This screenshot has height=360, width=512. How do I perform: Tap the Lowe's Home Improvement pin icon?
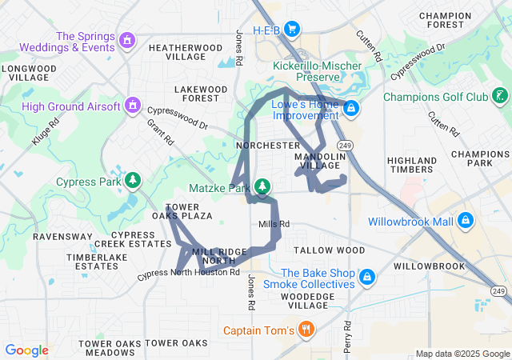tap(351, 108)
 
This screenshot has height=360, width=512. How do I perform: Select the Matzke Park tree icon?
tap(262, 187)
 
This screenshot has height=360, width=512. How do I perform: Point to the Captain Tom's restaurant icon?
tap(306, 329)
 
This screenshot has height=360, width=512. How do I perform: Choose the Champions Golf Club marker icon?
tap(498, 98)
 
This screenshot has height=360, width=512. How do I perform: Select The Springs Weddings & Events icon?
tap(126, 39)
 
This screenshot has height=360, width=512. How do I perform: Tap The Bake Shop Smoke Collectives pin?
tap(366, 278)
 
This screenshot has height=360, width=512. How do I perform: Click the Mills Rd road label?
tap(274, 224)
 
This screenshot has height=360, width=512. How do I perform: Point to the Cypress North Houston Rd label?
tap(189, 273)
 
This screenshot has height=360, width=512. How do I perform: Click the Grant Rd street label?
tap(160, 132)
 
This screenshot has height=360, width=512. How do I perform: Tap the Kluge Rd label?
tap(46, 133)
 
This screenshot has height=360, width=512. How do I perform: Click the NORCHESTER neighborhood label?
tap(268, 146)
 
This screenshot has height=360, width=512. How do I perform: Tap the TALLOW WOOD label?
tap(329, 250)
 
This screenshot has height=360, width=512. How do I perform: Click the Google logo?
tap(26, 350)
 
